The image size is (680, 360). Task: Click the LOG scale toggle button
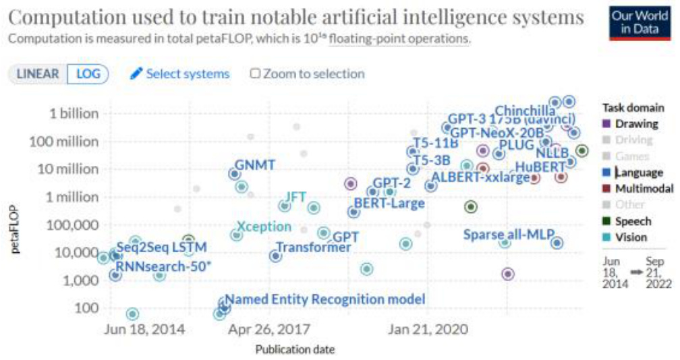[x=88, y=73]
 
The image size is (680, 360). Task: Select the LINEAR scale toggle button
[x=38, y=73]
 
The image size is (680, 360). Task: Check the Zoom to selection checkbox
[x=255, y=73]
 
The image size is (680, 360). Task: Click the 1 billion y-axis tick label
[x=74, y=113]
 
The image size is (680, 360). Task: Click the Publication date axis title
[x=295, y=349]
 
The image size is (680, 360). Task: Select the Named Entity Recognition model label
[x=324, y=299]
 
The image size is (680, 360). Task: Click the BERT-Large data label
[x=389, y=203]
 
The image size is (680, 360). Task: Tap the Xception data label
[x=264, y=227]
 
